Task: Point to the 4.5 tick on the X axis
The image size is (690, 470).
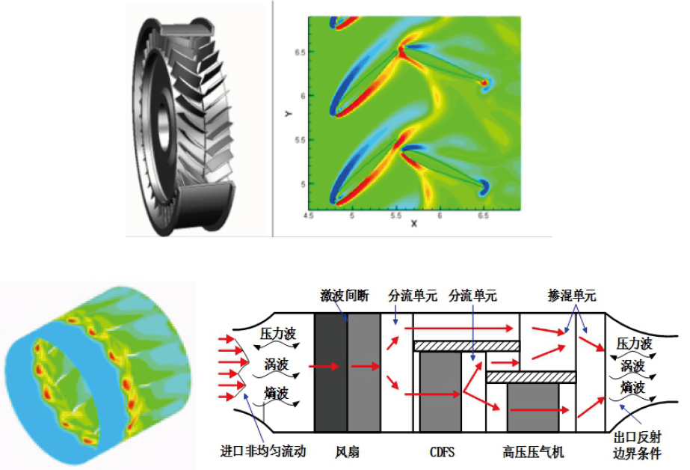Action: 308,215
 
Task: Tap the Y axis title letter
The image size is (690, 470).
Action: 288,114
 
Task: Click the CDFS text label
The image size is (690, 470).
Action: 442,452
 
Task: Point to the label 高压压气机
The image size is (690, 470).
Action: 533,452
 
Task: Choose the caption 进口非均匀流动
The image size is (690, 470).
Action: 263,452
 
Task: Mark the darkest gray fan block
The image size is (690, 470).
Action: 330,372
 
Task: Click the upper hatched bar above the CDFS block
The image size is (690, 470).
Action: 466,346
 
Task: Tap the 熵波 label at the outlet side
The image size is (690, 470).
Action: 632,388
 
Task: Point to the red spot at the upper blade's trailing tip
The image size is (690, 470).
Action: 484,82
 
